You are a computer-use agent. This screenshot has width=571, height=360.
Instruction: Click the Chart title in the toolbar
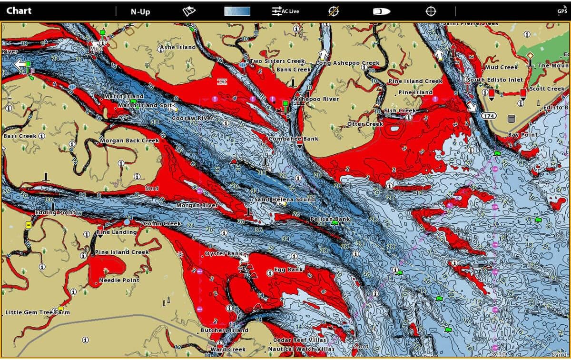pos(19,11)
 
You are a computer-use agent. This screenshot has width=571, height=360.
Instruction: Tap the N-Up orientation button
pos(140,11)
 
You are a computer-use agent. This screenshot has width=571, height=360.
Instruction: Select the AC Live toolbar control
pos(285,11)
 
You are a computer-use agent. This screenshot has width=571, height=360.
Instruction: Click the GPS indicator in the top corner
pos(562,10)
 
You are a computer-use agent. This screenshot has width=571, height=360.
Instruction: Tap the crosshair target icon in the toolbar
pos(430,11)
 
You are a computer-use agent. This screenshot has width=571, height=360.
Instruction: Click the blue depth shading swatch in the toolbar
pos(237,11)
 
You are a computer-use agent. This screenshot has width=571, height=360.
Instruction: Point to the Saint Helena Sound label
pos(285,200)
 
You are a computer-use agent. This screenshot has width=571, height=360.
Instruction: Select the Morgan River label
pos(197,206)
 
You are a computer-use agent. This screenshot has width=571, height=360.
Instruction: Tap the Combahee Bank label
pos(294,139)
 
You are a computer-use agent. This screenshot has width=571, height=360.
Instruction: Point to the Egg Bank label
pos(288,270)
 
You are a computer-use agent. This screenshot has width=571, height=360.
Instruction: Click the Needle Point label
pos(119,280)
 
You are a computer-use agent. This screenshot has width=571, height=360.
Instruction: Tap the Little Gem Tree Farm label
pos(37,312)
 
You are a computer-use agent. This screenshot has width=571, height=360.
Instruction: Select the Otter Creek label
pos(365,124)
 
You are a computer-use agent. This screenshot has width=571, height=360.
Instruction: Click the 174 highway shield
pos(488,116)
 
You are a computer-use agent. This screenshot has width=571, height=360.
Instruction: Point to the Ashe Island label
pos(177,48)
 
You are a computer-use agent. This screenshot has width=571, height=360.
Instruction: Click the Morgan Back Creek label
pos(129,141)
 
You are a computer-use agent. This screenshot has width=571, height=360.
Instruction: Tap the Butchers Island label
pos(224,330)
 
